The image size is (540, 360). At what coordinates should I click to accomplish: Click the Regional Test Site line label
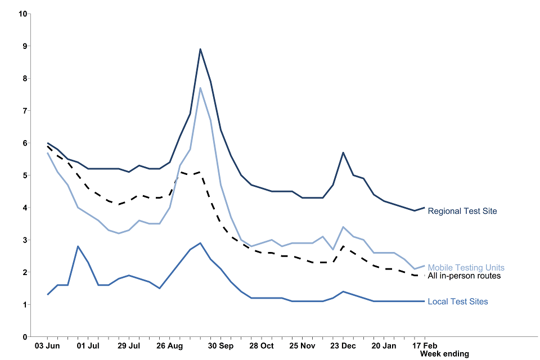(462, 211)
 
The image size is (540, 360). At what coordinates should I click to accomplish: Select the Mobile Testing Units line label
(466, 268)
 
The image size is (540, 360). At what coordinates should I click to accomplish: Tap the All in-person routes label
(464, 276)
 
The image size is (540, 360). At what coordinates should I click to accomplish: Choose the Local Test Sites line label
(458, 301)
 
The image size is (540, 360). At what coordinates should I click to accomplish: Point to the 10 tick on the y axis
(23, 13)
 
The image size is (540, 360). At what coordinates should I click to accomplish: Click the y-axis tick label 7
(25, 111)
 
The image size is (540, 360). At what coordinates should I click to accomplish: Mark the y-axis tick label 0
(25, 337)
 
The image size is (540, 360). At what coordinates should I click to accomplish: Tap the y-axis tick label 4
(25, 208)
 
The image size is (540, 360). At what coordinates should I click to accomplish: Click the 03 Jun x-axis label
(48, 345)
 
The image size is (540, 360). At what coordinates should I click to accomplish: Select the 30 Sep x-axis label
(220, 345)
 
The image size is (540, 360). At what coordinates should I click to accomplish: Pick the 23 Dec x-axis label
(343, 345)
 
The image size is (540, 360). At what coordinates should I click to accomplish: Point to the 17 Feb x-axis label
(424, 345)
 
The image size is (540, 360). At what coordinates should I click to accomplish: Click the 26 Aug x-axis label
(169, 345)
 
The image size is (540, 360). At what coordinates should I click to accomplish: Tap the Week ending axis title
(444, 354)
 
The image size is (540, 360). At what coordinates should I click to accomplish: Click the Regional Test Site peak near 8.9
(200, 49)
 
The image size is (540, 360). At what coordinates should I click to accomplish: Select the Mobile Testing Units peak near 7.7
(200, 88)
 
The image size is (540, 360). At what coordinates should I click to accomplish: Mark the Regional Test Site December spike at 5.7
(343, 152)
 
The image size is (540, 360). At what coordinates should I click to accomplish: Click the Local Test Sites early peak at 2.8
(78, 246)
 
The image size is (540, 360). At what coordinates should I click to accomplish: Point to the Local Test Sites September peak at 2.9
(200, 243)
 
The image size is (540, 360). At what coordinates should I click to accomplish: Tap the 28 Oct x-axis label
(262, 345)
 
